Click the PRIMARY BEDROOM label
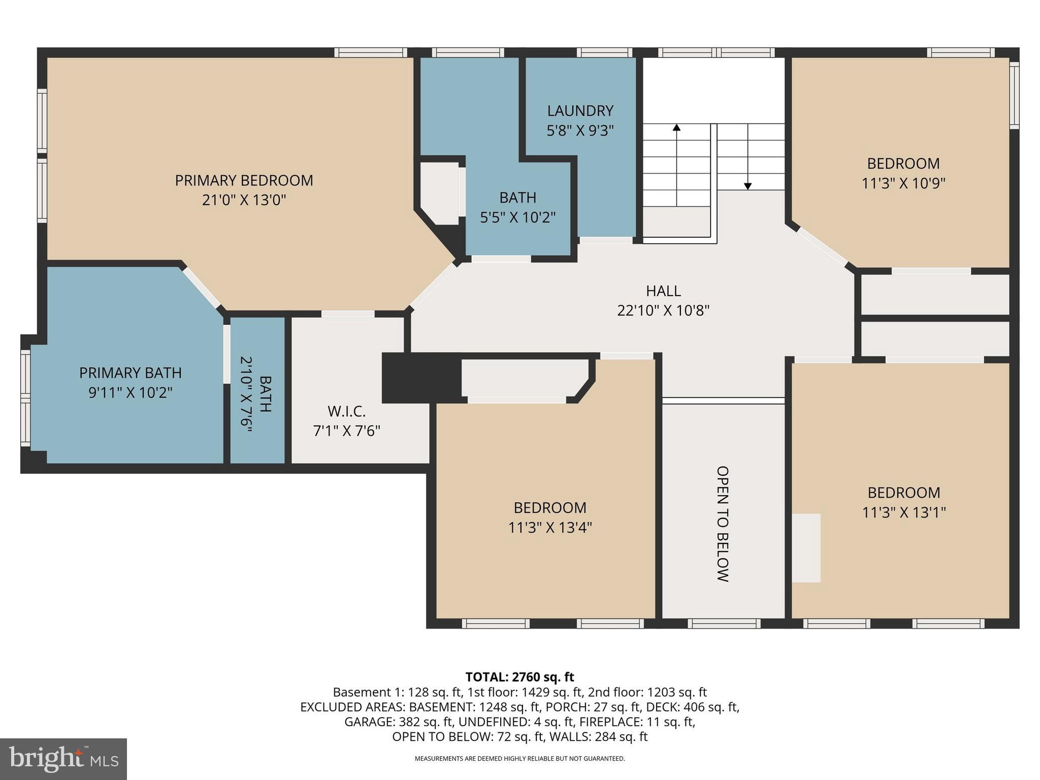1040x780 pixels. pyautogui.click(x=244, y=180)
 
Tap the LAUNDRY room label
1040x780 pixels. pyautogui.click(x=580, y=111)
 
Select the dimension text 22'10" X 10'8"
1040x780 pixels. pyautogui.click(x=663, y=310)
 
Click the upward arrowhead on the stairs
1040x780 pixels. pyautogui.click(x=676, y=127)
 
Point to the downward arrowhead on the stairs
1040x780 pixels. pyautogui.click(x=747, y=186)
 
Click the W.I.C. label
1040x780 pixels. pyautogui.click(x=346, y=411)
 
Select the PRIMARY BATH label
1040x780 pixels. pyautogui.click(x=131, y=373)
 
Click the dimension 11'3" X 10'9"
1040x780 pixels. pyautogui.click(x=903, y=183)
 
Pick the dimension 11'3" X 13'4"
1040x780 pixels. pyautogui.click(x=550, y=528)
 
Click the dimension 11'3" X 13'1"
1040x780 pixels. pyautogui.click(x=903, y=512)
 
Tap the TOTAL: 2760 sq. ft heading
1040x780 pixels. pyautogui.click(x=519, y=677)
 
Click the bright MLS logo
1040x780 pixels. pyautogui.click(x=63, y=759)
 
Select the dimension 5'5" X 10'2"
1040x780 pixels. pyautogui.click(x=517, y=217)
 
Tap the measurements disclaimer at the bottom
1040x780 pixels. pyautogui.click(x=519, y=759)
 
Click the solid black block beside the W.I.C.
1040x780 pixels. pyautogui.click(x=420, y=378)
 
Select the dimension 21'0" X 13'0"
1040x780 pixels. pyautogui.click(x=244, y=200)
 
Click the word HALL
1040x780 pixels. pyautogui.click(x=663, y=291)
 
